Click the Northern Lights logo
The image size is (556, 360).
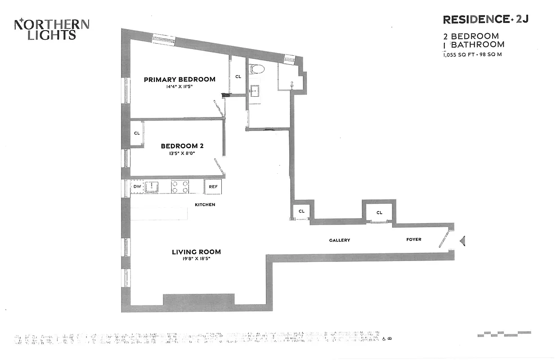click(x=52, y=29)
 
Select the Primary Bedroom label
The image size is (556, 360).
click(x=179, y=80)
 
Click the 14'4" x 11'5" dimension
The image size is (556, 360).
click(x=179, y=87)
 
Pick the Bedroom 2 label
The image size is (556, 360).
click(x=182, y=146)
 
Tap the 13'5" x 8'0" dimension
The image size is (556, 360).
click(x=182, y=153)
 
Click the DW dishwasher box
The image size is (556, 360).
click(x=137, y=186)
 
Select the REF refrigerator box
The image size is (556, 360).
click(x=213, y=186)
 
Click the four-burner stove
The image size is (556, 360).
click(x=180, y=187)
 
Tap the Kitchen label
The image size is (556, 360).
click(x=205, y=205)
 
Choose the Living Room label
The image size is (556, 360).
click(x=196, y=252)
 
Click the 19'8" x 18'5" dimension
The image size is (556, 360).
click(x=196, y=259)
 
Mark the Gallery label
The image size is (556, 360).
click(x=339, y=240)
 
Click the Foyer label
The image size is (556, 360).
click(x=414, y=239)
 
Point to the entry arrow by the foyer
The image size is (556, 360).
click(x=462, y=241)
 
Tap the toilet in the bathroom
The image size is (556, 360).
click(x=257, y=69)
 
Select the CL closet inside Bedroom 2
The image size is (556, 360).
click(x=137, y=133)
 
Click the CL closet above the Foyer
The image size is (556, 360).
click(x=379, y=212)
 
